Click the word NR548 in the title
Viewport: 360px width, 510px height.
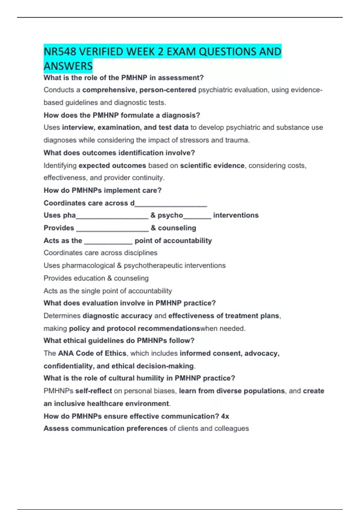[60, 52]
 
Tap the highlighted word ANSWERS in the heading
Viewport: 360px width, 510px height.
[68, 66]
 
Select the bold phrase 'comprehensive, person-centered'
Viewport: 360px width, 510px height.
[139, 90]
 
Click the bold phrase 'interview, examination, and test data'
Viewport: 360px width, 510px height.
[125, 127]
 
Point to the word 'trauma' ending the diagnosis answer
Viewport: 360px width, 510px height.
[239, 140]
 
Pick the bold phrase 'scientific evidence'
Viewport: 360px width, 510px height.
[212, 166]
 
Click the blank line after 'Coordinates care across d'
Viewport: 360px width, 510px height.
[171, 204]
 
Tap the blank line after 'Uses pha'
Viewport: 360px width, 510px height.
[112, 216]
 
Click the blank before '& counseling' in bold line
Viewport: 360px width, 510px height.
[112, 229]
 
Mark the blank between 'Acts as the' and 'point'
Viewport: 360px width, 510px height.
[108, 241]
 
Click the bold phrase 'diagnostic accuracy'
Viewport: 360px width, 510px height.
[117, 316]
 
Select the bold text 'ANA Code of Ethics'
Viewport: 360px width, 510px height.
[92, 353]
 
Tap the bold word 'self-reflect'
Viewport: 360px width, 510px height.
[94, 391]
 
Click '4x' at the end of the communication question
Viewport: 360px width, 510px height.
[225, 416]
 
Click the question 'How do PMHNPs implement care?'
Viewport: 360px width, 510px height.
[103, 190]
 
